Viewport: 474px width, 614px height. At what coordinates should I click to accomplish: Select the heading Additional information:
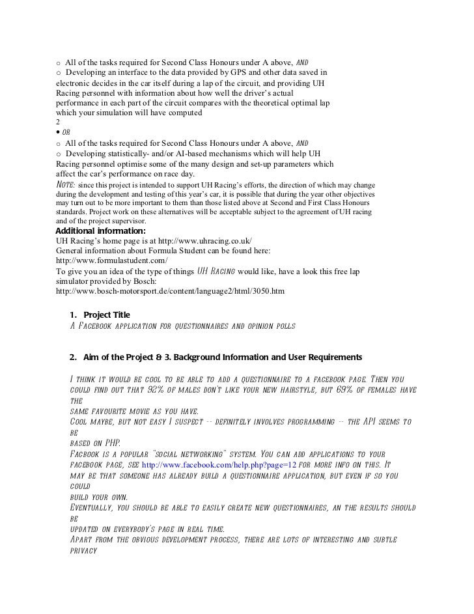(101, 230)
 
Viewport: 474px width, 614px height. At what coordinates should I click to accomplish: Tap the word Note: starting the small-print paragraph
(66, 184)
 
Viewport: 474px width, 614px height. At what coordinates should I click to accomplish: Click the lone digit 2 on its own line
(59, 122)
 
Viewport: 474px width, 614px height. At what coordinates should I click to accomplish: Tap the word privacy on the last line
(83, 550)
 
